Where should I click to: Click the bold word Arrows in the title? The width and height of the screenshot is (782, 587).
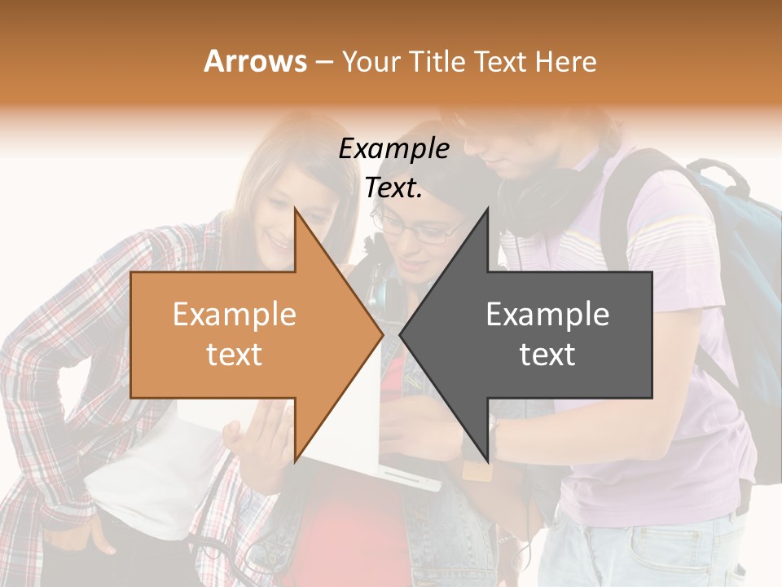point(255,61)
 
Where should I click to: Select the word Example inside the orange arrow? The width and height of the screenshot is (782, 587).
point(235,314)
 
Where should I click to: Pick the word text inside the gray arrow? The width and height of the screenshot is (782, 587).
point(547,355)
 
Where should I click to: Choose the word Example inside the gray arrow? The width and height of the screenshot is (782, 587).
point(547,314)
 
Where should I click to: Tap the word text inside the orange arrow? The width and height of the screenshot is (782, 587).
point(235,355)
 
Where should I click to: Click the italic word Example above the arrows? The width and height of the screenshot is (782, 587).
point(394,148)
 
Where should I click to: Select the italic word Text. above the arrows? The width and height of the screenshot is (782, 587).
point(394,188)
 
